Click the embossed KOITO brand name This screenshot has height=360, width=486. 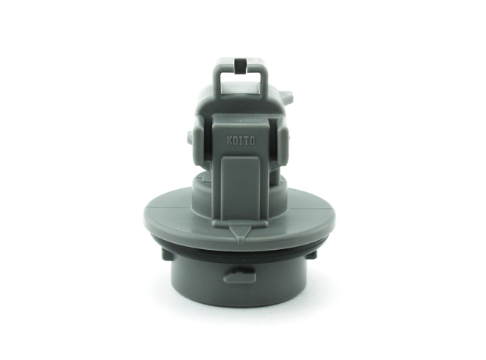(x=241, y=141)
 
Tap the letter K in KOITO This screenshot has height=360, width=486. (x=229, y=141)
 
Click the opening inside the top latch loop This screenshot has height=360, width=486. (x=240, y=83)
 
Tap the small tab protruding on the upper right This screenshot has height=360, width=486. (x=286, y=96)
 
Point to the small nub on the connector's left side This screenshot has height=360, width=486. (x=191, y=137)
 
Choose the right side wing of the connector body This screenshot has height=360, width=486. (x=282, y=141)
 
